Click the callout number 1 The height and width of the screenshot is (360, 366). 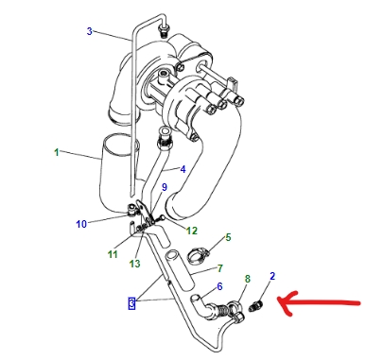pos(57,152)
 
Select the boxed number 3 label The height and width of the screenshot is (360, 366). pos(131,303)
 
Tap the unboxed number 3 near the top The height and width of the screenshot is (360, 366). pos(90,31)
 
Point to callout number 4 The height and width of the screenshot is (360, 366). pos(183,169)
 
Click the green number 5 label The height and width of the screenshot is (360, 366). pos(228,237)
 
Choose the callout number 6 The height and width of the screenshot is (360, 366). pos(219,286)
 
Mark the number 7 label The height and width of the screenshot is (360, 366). pos(219,268)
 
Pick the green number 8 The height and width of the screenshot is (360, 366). pos(248,279)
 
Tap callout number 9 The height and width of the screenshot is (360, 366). pos(165,187)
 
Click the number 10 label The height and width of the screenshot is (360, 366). pos(81,224)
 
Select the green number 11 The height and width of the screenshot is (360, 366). pos(113,254)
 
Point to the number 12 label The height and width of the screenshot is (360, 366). pos(192,231)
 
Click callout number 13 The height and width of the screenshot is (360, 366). pos(134,264)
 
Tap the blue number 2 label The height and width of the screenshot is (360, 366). pos(272,276)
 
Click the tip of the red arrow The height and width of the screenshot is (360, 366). pos(278,301)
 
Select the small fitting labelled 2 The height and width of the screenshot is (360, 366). pos(255,306)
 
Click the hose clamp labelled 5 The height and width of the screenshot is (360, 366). pos(198,254)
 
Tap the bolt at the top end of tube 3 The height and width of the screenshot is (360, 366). pos(164,30)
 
